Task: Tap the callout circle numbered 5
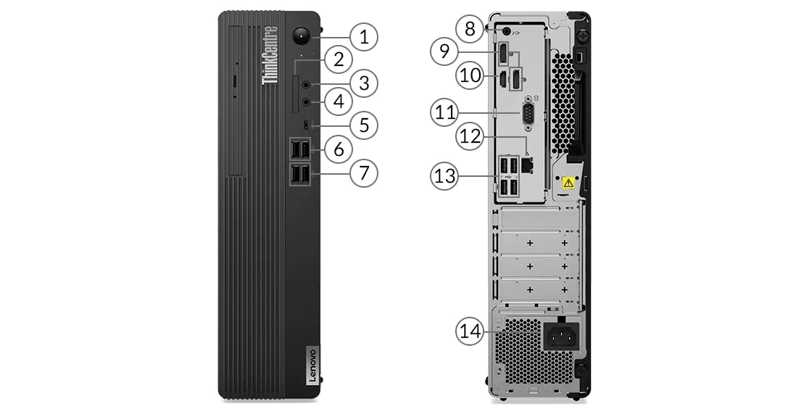(x=364, y=125)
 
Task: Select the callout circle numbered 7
(x=364, y=173)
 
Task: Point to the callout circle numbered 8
(x=470, y=28)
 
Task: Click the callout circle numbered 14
(x=470, y=331)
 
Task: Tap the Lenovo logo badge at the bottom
(x=309, y=367)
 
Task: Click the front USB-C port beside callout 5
(x=307, y=125)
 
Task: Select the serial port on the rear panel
(x=527, y=112)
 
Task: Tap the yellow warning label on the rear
(x=569, y=184)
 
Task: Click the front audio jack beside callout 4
(x=307, y=103)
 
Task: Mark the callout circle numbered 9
(x=444, y=51)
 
